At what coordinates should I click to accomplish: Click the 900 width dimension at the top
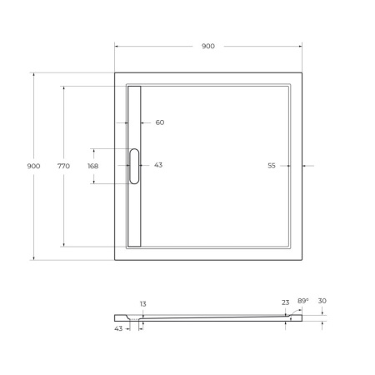click(207, 47)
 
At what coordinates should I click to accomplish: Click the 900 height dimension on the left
click(33, 166)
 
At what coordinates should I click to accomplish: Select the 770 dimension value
click(63, 166)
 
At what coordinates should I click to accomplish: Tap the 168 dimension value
click(92, 166)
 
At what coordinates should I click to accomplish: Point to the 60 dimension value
click(159, 122)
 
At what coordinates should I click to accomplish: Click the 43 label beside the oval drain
click(157, 165)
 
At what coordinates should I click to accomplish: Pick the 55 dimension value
click(272, 166)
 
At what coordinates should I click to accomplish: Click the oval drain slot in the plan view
click(134, 166)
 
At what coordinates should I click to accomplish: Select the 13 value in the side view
click(142, 304)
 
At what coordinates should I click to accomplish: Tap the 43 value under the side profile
click(118, 328)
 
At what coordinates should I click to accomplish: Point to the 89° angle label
click(302, 301)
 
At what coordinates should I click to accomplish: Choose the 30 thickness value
click(322, 302)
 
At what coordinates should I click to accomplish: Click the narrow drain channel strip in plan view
click(134, 208)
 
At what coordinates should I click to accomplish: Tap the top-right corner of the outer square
click(302, 72)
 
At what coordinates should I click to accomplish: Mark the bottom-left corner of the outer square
click(115, 260)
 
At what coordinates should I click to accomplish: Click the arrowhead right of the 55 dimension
click(304, 166)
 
